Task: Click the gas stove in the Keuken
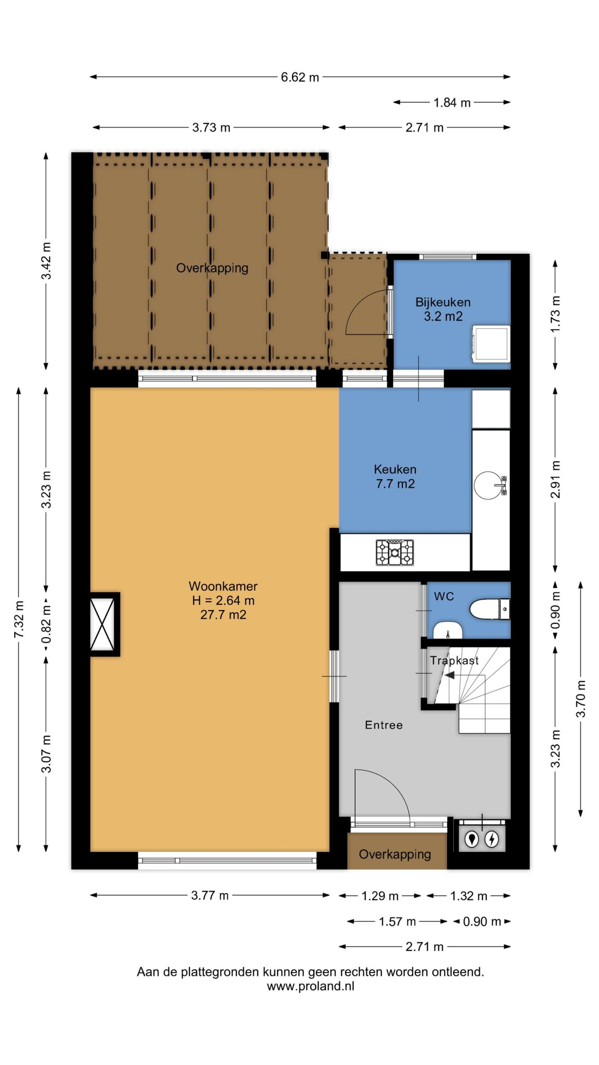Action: [x=395, y=552]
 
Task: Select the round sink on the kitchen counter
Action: [x=490, y=485]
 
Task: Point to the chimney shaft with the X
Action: [x=102, y=624]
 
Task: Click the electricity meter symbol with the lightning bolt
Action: [x=492, y=839]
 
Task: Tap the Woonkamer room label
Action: [x=223, y=586]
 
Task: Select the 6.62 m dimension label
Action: [x=300, y=77]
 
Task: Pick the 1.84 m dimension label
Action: [x=452, y=102]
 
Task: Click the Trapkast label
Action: [x=454, y=660]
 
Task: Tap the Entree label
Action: [x=384, y=725]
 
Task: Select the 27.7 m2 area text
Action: [x=223, y=614]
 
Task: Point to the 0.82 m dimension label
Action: [x=46, y=624]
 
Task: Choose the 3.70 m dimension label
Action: [x=581, y=699]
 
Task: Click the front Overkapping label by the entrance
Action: [x=395, y=854]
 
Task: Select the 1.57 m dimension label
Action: [x=397, y=921]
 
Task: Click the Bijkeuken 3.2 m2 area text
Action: [x=443, y=316]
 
